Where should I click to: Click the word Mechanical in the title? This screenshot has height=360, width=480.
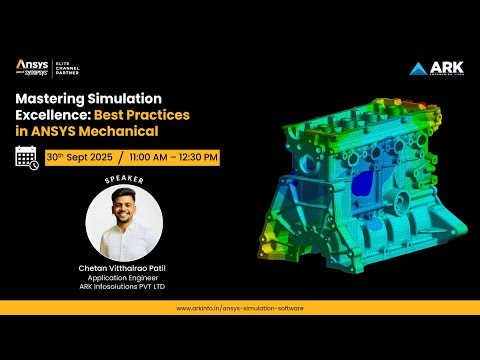coord(119,131)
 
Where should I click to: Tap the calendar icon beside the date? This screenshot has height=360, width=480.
coord(27,157)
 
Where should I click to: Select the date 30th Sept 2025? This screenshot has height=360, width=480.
coord(80,157)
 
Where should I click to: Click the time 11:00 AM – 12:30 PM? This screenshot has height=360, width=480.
coord(174,157)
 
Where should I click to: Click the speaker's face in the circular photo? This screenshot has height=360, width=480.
coord(121,211)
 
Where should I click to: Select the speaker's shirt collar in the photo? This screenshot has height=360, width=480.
coord(121,237)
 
